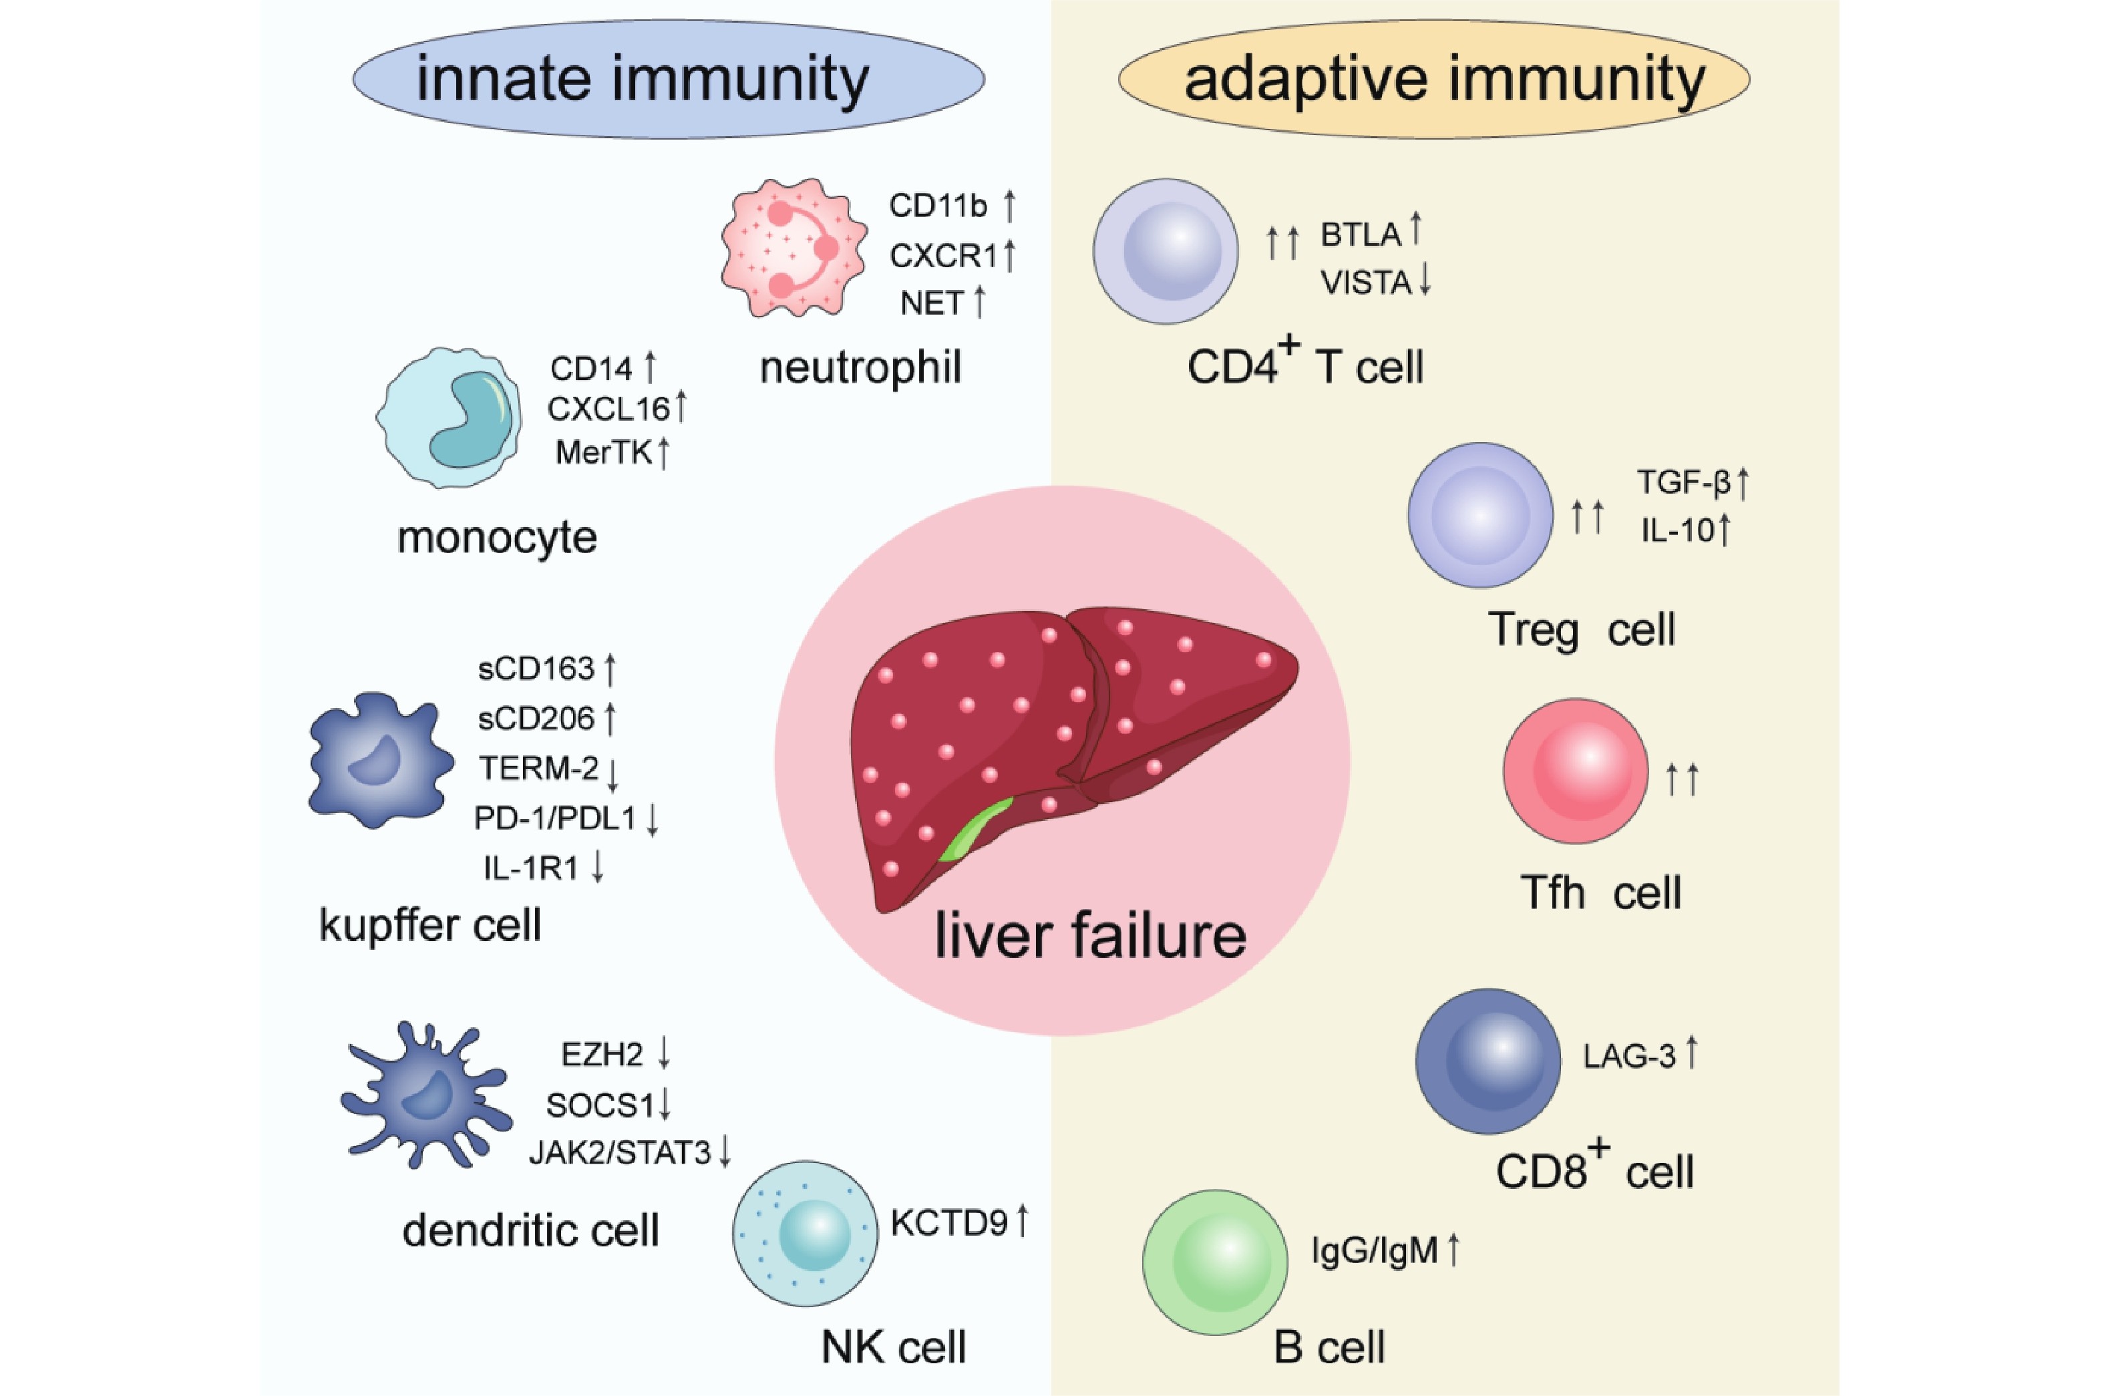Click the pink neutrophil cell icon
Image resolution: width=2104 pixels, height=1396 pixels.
tap(793, 248)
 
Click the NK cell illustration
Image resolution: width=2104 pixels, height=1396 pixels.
tap(805, 1233)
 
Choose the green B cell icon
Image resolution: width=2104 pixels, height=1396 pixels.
tap(1215, 1262)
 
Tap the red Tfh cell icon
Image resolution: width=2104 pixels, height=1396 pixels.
tap(1576, 771)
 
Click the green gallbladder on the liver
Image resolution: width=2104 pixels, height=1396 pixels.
tap(977, 828)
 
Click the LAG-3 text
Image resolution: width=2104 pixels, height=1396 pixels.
tap(1628, 1057)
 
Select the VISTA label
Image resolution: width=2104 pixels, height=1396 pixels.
tap(1365, 283)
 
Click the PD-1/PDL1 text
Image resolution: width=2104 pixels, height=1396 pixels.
tap(554, 818)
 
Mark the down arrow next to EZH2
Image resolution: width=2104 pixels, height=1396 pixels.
tap(664, 1053)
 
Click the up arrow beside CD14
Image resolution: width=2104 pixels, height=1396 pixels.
tap(651, 367)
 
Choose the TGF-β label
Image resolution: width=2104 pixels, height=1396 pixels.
tap(1683, 482)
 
